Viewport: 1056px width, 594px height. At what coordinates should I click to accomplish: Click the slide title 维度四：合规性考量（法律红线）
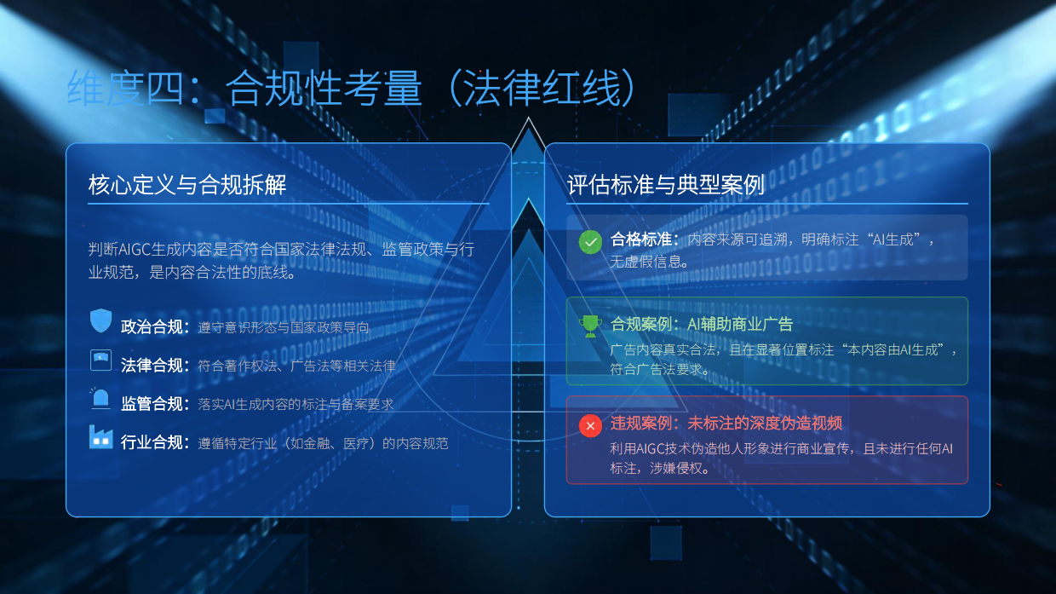(x=351, y=89)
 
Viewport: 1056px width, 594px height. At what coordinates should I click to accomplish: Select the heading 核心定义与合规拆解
(x=187, y=185)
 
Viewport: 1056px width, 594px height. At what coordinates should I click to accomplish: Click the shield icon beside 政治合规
(x=101, y=321)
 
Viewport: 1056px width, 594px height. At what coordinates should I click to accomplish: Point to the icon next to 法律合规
(x=101, y=360)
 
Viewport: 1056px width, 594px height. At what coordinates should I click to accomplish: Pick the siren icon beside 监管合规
(x=101, y=399)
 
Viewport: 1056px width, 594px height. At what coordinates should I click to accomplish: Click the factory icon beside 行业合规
(x=101, y=438)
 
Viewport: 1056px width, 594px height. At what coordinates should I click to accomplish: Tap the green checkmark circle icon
(x=590, y=242)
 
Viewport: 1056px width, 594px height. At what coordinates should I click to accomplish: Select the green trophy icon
(x=590, y=325)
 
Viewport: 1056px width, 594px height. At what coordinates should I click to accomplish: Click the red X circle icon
(x=590, y=424)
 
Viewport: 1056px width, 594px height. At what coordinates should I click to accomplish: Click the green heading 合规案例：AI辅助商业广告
(x=702, y=324)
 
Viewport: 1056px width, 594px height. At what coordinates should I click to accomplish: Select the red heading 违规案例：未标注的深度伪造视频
(x=726, y=424)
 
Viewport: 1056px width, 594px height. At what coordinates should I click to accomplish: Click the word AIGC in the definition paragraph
(x=135, y=250)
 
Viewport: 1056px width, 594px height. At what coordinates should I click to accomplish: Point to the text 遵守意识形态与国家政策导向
(x=284, y=327)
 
